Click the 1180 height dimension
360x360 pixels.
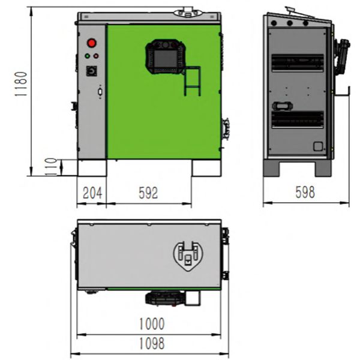[21, 84]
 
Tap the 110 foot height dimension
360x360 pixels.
[51, 167]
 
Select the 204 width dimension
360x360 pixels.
[92, 193]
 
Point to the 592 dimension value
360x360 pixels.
[148, 193]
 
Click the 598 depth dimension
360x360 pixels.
[305, 192]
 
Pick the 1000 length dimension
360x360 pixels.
[152, 324]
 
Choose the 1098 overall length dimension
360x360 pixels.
[152, 343]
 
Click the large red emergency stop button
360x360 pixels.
[92, 43]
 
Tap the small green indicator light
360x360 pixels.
[88, 56]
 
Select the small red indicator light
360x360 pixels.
[96, 56]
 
